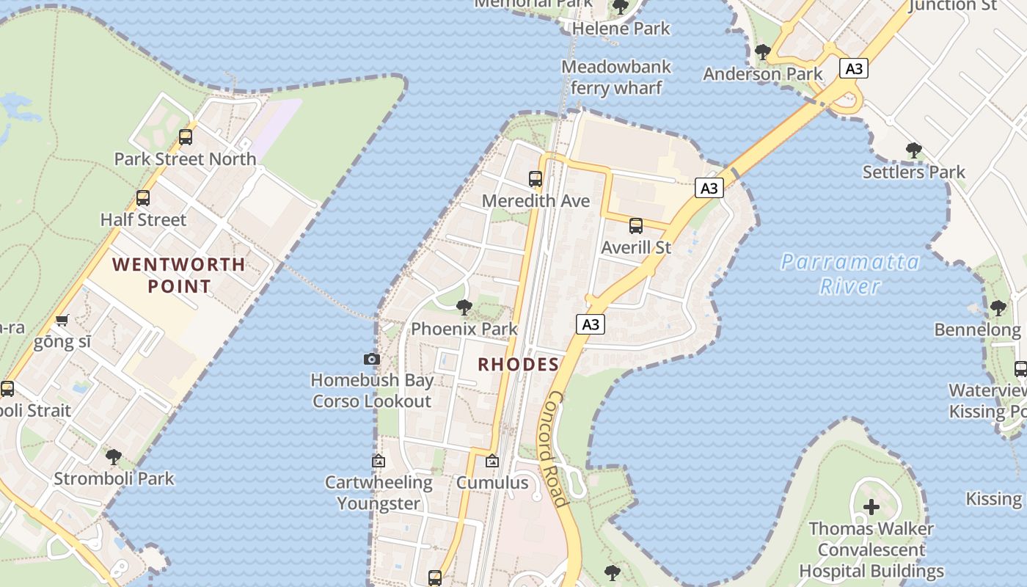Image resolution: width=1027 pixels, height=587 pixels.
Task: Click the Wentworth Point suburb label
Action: point(178,275)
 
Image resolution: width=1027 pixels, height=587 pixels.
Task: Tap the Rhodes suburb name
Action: point(519,364)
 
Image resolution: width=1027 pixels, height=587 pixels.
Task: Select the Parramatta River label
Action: point(850,273)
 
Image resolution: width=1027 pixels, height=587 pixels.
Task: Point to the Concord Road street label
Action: point(558,449)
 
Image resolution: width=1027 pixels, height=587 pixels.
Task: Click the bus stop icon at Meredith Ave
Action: point(536,178)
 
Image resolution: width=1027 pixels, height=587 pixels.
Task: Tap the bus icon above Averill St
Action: point(636,226)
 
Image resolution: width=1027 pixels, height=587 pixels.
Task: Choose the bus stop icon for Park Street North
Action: point(186,137)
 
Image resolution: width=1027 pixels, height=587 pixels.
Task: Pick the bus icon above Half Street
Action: point(143,198)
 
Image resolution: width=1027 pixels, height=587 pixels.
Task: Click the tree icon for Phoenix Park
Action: point(464,307)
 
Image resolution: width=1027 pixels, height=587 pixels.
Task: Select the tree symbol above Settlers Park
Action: point(913,150)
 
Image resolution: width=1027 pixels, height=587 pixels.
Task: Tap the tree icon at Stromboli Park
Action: point(114,457)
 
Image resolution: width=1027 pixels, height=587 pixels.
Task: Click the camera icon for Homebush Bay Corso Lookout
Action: point(372,359)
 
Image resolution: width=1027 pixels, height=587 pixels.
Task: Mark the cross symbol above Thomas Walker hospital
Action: point(871,507)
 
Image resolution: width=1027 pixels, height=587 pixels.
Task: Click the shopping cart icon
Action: point(62,321)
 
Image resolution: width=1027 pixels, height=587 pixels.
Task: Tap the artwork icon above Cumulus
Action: point(492,462)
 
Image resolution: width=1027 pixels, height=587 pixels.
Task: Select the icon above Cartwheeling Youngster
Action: point(379,462)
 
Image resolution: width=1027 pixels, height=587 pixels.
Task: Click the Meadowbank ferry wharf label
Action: point(616,77)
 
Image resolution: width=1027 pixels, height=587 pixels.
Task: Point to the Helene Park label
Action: point(621,29)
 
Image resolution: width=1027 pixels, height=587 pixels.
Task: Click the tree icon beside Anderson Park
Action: point(763,51)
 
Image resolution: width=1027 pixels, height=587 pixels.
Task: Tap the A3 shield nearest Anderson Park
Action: point(854,69)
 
